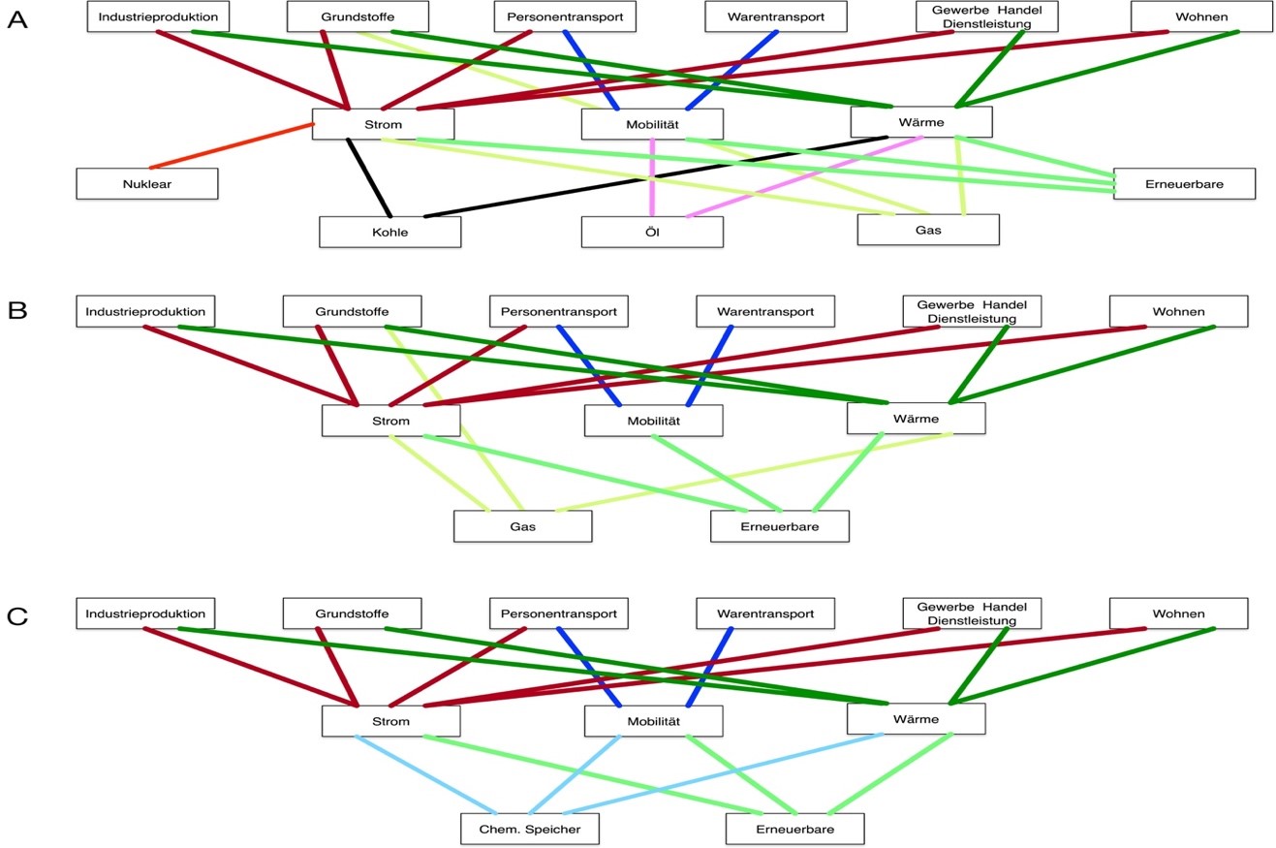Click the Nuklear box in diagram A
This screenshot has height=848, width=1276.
(x=147, y=184)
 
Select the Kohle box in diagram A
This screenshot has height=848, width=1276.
(x=389, y=233)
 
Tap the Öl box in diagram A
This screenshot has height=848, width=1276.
(x=652, y=233)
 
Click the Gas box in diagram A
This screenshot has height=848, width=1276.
(x=927, y=231)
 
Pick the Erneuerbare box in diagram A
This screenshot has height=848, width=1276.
(x=1184, y=184)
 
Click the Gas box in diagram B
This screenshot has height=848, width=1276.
(x=522, y=526)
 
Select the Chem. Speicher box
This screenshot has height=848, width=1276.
(x=529, y=830)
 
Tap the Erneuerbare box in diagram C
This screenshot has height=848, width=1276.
(x=794, y=830)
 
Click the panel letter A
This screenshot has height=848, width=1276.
(x=17, y=19)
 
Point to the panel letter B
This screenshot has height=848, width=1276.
(x=16, y=310)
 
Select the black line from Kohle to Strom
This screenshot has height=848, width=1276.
(x=369, y=178)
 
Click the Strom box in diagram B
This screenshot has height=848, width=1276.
(x=391, y=421)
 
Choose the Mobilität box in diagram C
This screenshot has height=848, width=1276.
(x=653, y=721)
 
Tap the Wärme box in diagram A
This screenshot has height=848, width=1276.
(x=921, y=122)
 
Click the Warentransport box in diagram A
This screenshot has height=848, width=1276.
(x=776, y=16)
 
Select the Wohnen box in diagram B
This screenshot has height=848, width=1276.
(x=1178, y=311)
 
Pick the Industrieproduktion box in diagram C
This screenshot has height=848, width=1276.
(x=145, y=613)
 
